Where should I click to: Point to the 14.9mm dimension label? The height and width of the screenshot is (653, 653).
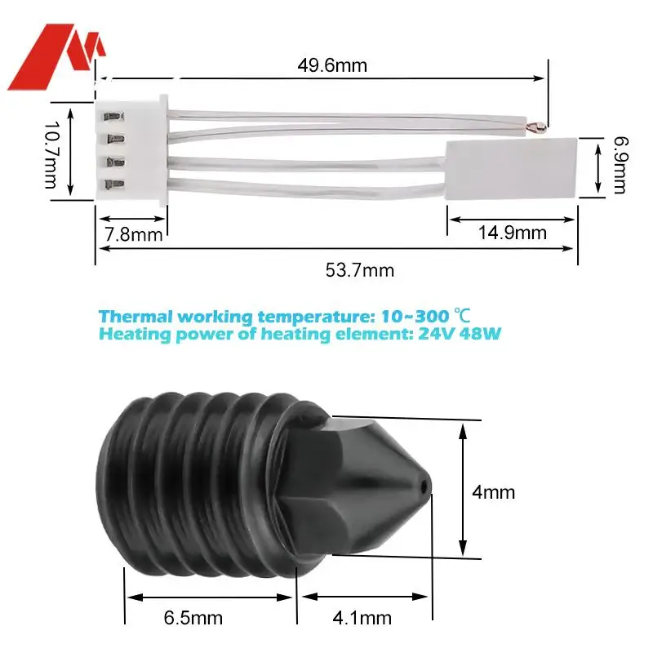[x=512, y=233]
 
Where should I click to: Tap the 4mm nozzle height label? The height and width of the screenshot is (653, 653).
[x=494, y=492]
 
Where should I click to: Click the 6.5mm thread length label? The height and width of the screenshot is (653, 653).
[x=193, y=618]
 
